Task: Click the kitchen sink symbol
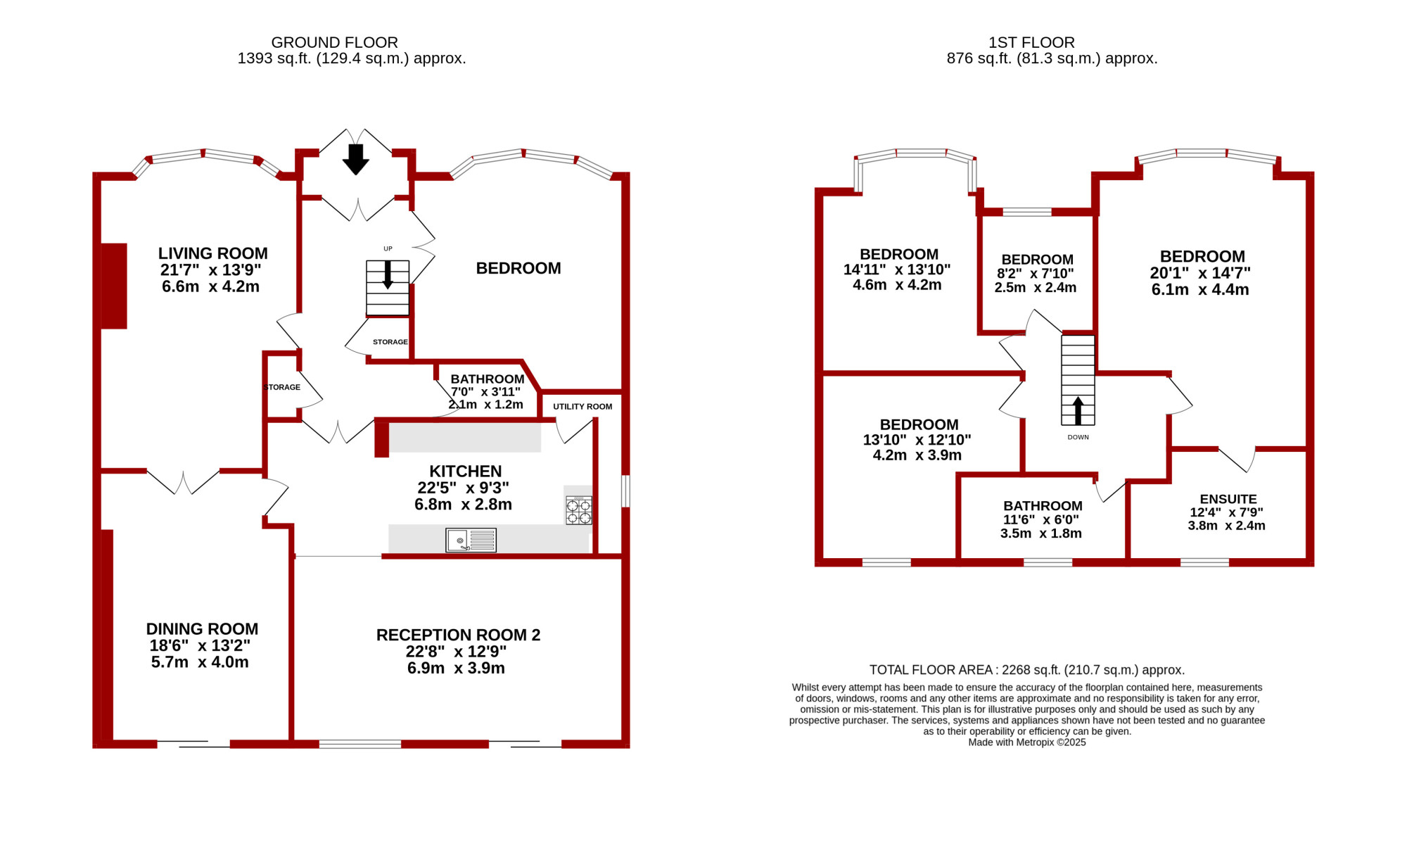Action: click(x=471, y=540)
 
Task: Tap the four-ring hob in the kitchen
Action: click(x=579, y=510)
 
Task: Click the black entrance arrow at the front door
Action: click(x=356, y=159)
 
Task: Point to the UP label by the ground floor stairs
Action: click(x=388, y=248)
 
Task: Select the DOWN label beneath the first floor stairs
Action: click(x=1078, y=437)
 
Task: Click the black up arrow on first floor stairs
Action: click(x=1078, y=410)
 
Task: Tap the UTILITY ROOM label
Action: click(x=582, y=406)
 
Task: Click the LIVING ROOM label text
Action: click(x=212, y=253)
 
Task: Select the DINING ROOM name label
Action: click(x=202, y=628)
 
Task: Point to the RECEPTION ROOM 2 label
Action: click(x=458, y=635)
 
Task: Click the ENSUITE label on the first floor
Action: click(x=1228, y=499)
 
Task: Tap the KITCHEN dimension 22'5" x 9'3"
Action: click(x=463, y=488)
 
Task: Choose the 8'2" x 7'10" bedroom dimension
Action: click(x=1035, y=274)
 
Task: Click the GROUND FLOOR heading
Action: click(x=334, y=43)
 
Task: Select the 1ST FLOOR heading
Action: click(x=1031, y=43)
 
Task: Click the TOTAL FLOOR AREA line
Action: click(x=1027, y=670)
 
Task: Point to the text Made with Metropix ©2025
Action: click(x=1027, y=742)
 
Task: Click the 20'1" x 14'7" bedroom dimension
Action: click(x=1200, y=273)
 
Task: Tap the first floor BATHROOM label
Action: click(x=1043, y=506)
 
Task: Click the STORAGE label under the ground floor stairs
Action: click(x=390, y=342)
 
